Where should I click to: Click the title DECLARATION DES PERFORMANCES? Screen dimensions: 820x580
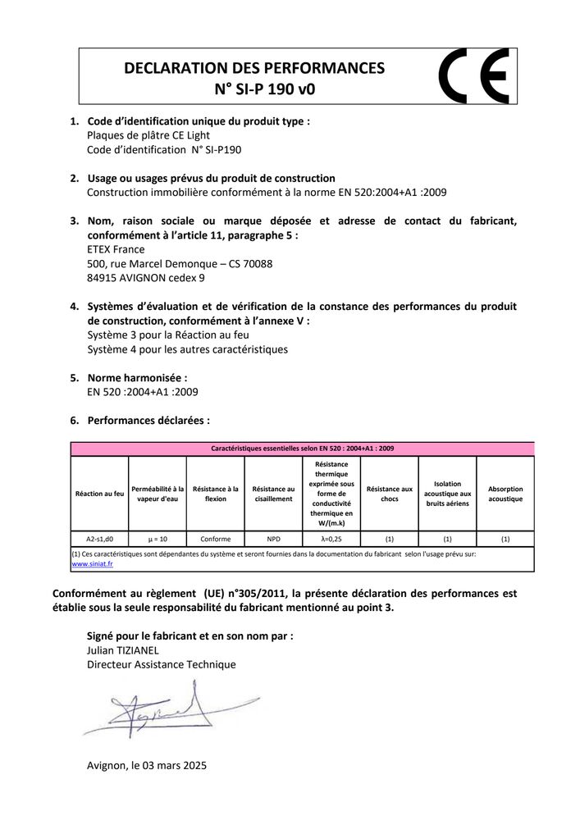click(x=253, y=69)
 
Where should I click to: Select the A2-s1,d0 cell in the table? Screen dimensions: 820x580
click(x=100, y=539)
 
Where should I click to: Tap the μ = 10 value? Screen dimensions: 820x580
click(x=158, y=539)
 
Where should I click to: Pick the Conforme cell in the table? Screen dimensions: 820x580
click(x=215, y=539)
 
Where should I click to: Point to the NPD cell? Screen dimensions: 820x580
click(x=273, y=539)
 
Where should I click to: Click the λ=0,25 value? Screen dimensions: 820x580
click(x=331, y=539)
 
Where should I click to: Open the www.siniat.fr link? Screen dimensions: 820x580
click(x=92, y=564)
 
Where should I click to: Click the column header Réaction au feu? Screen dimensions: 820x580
click(x=100, y=494)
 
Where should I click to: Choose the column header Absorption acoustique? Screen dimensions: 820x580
click(x=505, y=494)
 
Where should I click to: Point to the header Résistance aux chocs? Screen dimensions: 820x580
click(x=390, y=494)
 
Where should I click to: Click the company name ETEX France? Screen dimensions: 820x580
click(x=116, y=249)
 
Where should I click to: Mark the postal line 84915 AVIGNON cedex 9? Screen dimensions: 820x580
click(x=146, y=278)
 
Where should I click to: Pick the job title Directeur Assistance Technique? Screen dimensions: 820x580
click(x=162, y=664)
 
